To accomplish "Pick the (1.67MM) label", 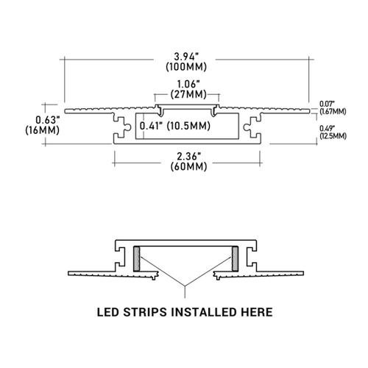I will [x=333, y=112].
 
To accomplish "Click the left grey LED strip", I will [x=137, y=258].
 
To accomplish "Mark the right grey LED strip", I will [x=235, y=258].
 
